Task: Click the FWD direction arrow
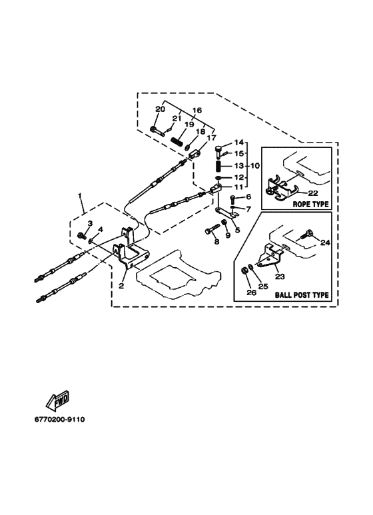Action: point(57,400)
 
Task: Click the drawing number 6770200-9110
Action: point(59,420)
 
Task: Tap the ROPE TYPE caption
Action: point(310,205)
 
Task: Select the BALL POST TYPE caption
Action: point(302,294)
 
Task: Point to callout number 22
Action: point(313,193)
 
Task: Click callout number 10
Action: point(255,165)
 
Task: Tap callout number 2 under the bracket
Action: point(121,286)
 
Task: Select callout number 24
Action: point(325,243)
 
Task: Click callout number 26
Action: point(252,292)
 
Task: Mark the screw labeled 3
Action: point(81,235)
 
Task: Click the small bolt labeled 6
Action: point(232,199)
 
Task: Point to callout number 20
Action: point(161,109)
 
